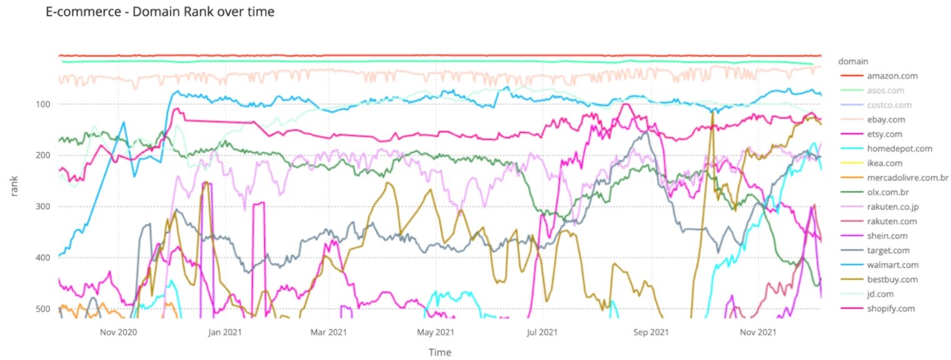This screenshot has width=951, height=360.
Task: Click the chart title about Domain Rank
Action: (x=160, y=12)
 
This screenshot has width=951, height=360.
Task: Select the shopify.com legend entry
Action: (x=891, y=309)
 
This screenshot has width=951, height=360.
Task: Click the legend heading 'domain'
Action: (x=852, y=61)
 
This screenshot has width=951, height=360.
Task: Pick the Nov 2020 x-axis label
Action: (x=118, y=331)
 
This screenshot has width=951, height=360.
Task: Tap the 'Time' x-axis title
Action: (x=440, y=352)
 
